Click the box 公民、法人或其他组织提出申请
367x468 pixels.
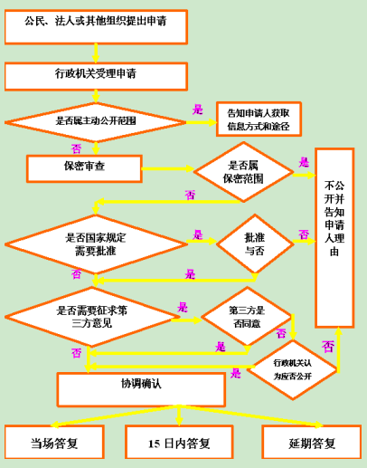click(96, 27)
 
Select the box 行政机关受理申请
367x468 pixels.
click(96, 76)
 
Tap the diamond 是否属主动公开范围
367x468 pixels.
click(96, 122)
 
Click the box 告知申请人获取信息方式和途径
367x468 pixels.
click(259, 119)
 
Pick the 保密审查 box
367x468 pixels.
click(84, 168)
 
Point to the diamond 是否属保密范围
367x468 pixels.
click(243, 172)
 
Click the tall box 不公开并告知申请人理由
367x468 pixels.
click(334, 238)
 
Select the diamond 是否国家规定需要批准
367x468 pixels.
click(96, 244)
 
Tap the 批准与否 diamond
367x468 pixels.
click(255, 244)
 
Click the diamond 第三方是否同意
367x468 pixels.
click(247, 316)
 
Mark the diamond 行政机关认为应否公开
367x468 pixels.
click(293, 370)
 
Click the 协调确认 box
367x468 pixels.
click(141, 389)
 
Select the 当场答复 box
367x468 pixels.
click(54, 442)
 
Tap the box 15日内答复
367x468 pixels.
click(179, 442)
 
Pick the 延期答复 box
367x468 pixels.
click(312, 442)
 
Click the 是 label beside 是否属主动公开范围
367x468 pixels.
click(198, 110)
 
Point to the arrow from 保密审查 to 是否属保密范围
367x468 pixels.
click(168, 168)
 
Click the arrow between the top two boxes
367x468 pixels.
click(96, 53)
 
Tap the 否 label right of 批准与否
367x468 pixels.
click(304, 234)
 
